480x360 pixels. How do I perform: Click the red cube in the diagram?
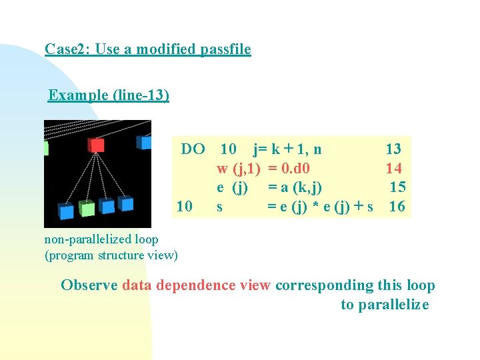(x=97, y=145)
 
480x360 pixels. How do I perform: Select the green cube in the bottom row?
(x=87, y=209)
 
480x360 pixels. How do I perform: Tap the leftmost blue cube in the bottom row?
(x=65, y=211)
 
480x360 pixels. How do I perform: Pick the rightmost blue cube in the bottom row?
(x=125, y=203)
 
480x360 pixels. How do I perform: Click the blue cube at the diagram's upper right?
(x=143, y=141)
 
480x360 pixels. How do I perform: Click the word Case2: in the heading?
(x=68, y=49)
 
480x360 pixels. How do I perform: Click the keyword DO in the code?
(x=193, y=149)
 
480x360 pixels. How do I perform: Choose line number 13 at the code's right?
(x=393, y=149)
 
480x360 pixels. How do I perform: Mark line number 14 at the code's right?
(x=393, y=168)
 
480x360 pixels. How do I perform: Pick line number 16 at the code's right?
(x=397, y=207)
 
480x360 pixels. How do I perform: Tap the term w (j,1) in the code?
(x=238, y=168)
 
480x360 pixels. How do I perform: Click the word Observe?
(x=89, y=285)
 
